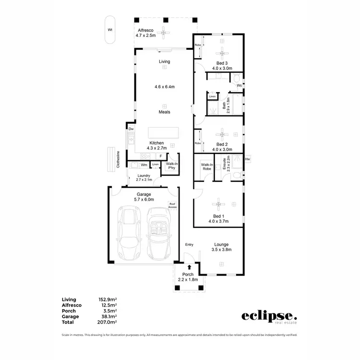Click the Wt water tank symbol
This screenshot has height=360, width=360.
tap(110, 30)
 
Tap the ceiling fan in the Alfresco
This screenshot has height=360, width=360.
tap(165, 33)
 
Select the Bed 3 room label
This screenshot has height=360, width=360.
tap(222, 63)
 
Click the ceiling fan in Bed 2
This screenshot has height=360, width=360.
tap(222, 134)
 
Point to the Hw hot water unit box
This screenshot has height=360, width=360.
tap(248, 159)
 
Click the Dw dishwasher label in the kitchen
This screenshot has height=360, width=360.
tap(131, 129)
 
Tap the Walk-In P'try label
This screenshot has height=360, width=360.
tap(170, 166)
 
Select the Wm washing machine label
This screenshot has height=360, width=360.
tap(144, 165)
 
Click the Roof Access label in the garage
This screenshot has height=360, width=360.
tap(172, 205)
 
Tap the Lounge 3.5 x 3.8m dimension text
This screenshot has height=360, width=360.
tap(222, 250)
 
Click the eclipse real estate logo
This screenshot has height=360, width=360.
tap(269, 317)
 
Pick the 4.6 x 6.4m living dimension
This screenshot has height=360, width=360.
tap(164, 87)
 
